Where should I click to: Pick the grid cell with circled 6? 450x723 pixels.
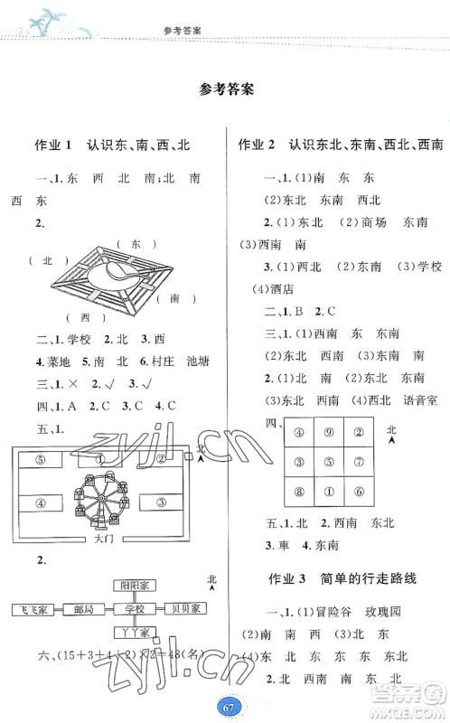(x=359, y=492)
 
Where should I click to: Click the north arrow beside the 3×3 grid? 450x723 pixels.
(x=390, y=437)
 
